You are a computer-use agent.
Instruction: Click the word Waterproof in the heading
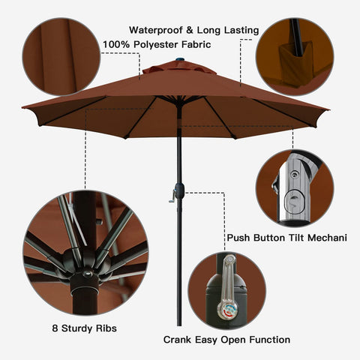[x=156, y=31]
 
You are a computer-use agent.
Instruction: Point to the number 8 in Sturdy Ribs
[x=55, y=328]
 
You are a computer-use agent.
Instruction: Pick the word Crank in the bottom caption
[x=178, y=340]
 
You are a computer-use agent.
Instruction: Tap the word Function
[x=270, y=340]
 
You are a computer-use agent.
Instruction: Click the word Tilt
[x=296, y=238]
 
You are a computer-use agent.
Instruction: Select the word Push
[x=238, y=238]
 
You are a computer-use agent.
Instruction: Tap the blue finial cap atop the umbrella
[x=180, y=60]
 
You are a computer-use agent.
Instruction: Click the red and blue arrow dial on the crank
[x=227, y=310]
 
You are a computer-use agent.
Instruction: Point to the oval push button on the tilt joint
[x=294, y=202]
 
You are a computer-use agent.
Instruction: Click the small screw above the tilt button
[x=295, y=174]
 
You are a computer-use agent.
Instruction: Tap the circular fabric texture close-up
[x=61, y=56]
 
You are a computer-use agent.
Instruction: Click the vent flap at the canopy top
[x=179, y=68]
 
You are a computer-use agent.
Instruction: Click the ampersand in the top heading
[x=190, y=31]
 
